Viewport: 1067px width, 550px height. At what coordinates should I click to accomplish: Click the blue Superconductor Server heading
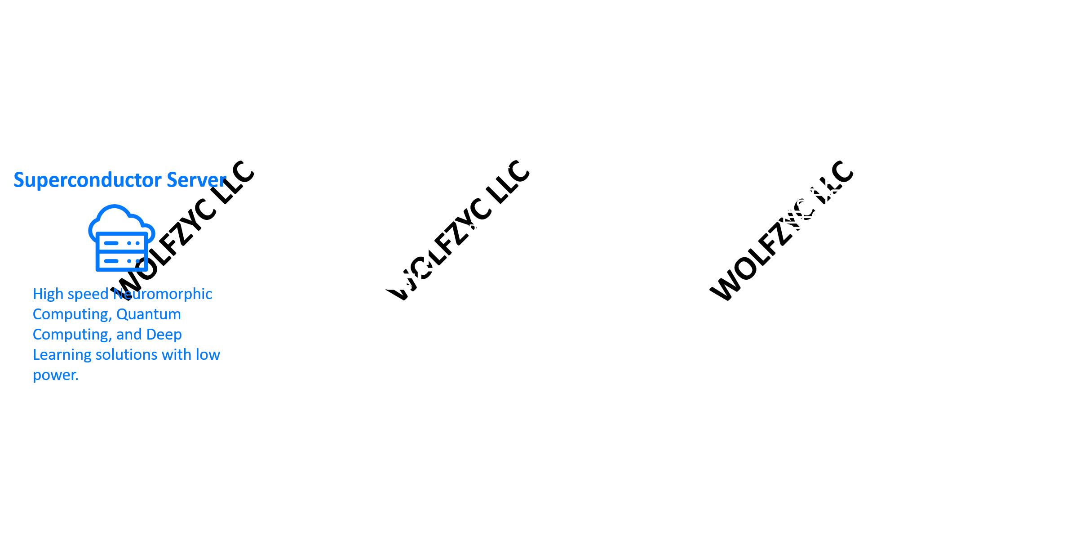click(x=120, y=180)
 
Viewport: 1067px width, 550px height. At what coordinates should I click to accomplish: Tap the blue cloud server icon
click(x=121, y=238)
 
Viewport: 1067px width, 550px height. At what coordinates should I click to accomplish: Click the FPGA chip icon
click(x=398, y=88)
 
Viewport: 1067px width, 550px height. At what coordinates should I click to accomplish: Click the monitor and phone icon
click(x=402, y=265)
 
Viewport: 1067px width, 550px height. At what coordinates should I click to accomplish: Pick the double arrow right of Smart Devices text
click(x=686, y=253)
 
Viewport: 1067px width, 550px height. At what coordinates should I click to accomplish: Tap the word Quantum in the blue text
click(x=148, y=314)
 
